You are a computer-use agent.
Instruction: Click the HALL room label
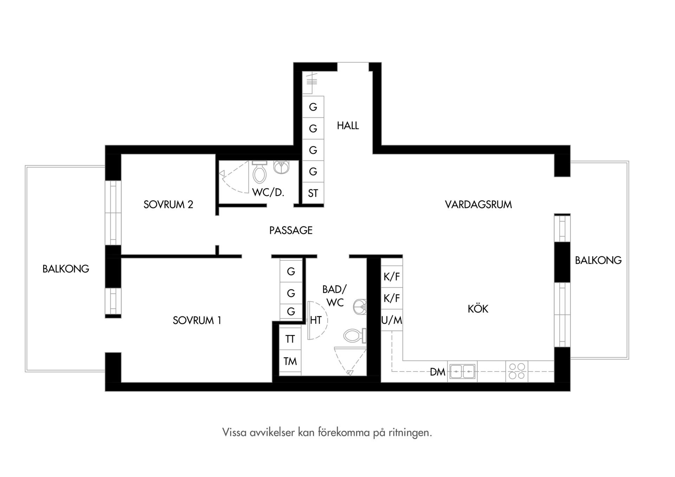(x=348, y=125)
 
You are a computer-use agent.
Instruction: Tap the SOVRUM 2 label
(x=168, y=205)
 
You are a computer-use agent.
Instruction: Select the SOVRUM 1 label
(x=197, y=321)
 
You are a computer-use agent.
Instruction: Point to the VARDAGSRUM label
(x=478, y=205)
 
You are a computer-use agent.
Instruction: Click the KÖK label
(x=478, y=308)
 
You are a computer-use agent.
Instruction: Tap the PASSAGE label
(x=291, y=230)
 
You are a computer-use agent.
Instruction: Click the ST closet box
(x=313, y=193)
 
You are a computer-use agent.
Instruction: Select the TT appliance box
(x=290, y=339)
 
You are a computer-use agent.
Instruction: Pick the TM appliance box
(x=290, y=361)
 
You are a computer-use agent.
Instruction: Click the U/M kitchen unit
(x=392, y=320)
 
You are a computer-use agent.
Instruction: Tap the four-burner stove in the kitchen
(x=517, y=371)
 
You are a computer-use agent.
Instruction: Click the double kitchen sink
(x=462, y=371)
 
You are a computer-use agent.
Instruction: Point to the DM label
(x=437, y=372)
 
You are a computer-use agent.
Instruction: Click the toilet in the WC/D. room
(x=259, y=172)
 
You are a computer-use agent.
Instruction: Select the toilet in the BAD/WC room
(x=355, y=336)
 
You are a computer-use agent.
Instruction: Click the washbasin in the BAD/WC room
(x=360, y=307)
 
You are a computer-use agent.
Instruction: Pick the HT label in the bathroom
(x=316, y=320)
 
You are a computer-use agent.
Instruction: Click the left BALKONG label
(x=66, y=269)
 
